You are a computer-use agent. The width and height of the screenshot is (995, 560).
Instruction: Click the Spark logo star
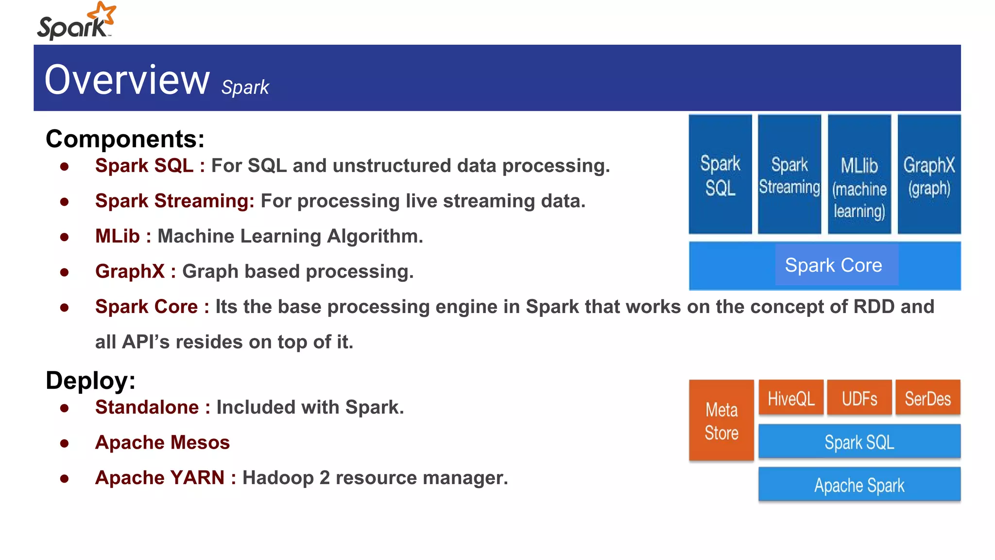[103, 13]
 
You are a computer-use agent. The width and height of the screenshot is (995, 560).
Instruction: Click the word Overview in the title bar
[127, 80]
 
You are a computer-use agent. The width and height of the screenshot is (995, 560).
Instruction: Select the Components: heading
[125, 139]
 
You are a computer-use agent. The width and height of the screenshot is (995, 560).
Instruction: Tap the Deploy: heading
[90, 380]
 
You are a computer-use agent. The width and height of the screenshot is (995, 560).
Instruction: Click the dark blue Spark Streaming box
[789, 175]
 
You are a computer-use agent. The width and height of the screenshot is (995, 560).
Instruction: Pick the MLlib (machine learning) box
[859, 175]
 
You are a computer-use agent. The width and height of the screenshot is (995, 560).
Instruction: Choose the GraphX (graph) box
[929, 175]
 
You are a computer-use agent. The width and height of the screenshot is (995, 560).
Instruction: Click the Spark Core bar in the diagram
[824, 266]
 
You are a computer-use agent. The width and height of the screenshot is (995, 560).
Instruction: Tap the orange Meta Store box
[721, 420]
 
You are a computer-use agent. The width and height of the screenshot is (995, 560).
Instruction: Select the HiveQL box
[791, 398]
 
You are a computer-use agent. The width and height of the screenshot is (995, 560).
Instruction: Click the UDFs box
[859, 398]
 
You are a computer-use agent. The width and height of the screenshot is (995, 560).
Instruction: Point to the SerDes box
[928, 398]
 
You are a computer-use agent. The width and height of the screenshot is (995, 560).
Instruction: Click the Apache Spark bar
[859, 485]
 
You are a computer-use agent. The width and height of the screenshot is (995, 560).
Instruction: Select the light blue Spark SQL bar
[859, 442]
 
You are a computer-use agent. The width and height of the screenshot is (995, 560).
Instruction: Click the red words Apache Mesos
[162, 443]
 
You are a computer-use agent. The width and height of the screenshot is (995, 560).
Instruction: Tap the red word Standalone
[147, 407]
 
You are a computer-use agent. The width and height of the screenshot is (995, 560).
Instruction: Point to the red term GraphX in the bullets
[130, 272]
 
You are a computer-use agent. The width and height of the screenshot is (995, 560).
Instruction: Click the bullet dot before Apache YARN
[64, 479]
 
